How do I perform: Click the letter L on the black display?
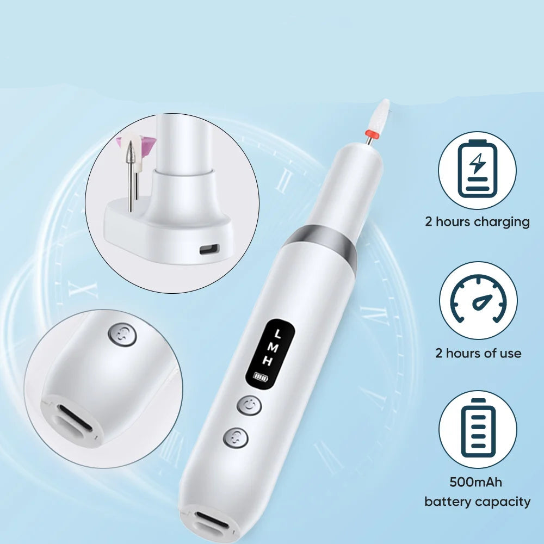[277, 334]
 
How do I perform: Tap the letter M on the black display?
[273, 347]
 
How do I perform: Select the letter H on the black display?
[267, 361]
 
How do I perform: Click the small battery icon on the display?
[261, 376]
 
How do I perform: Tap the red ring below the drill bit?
[372, 133]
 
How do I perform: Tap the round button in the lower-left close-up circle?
[122, 335]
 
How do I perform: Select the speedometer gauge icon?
[478, 299]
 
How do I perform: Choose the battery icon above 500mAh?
[478, 429]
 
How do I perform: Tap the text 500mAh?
[475, 482]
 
